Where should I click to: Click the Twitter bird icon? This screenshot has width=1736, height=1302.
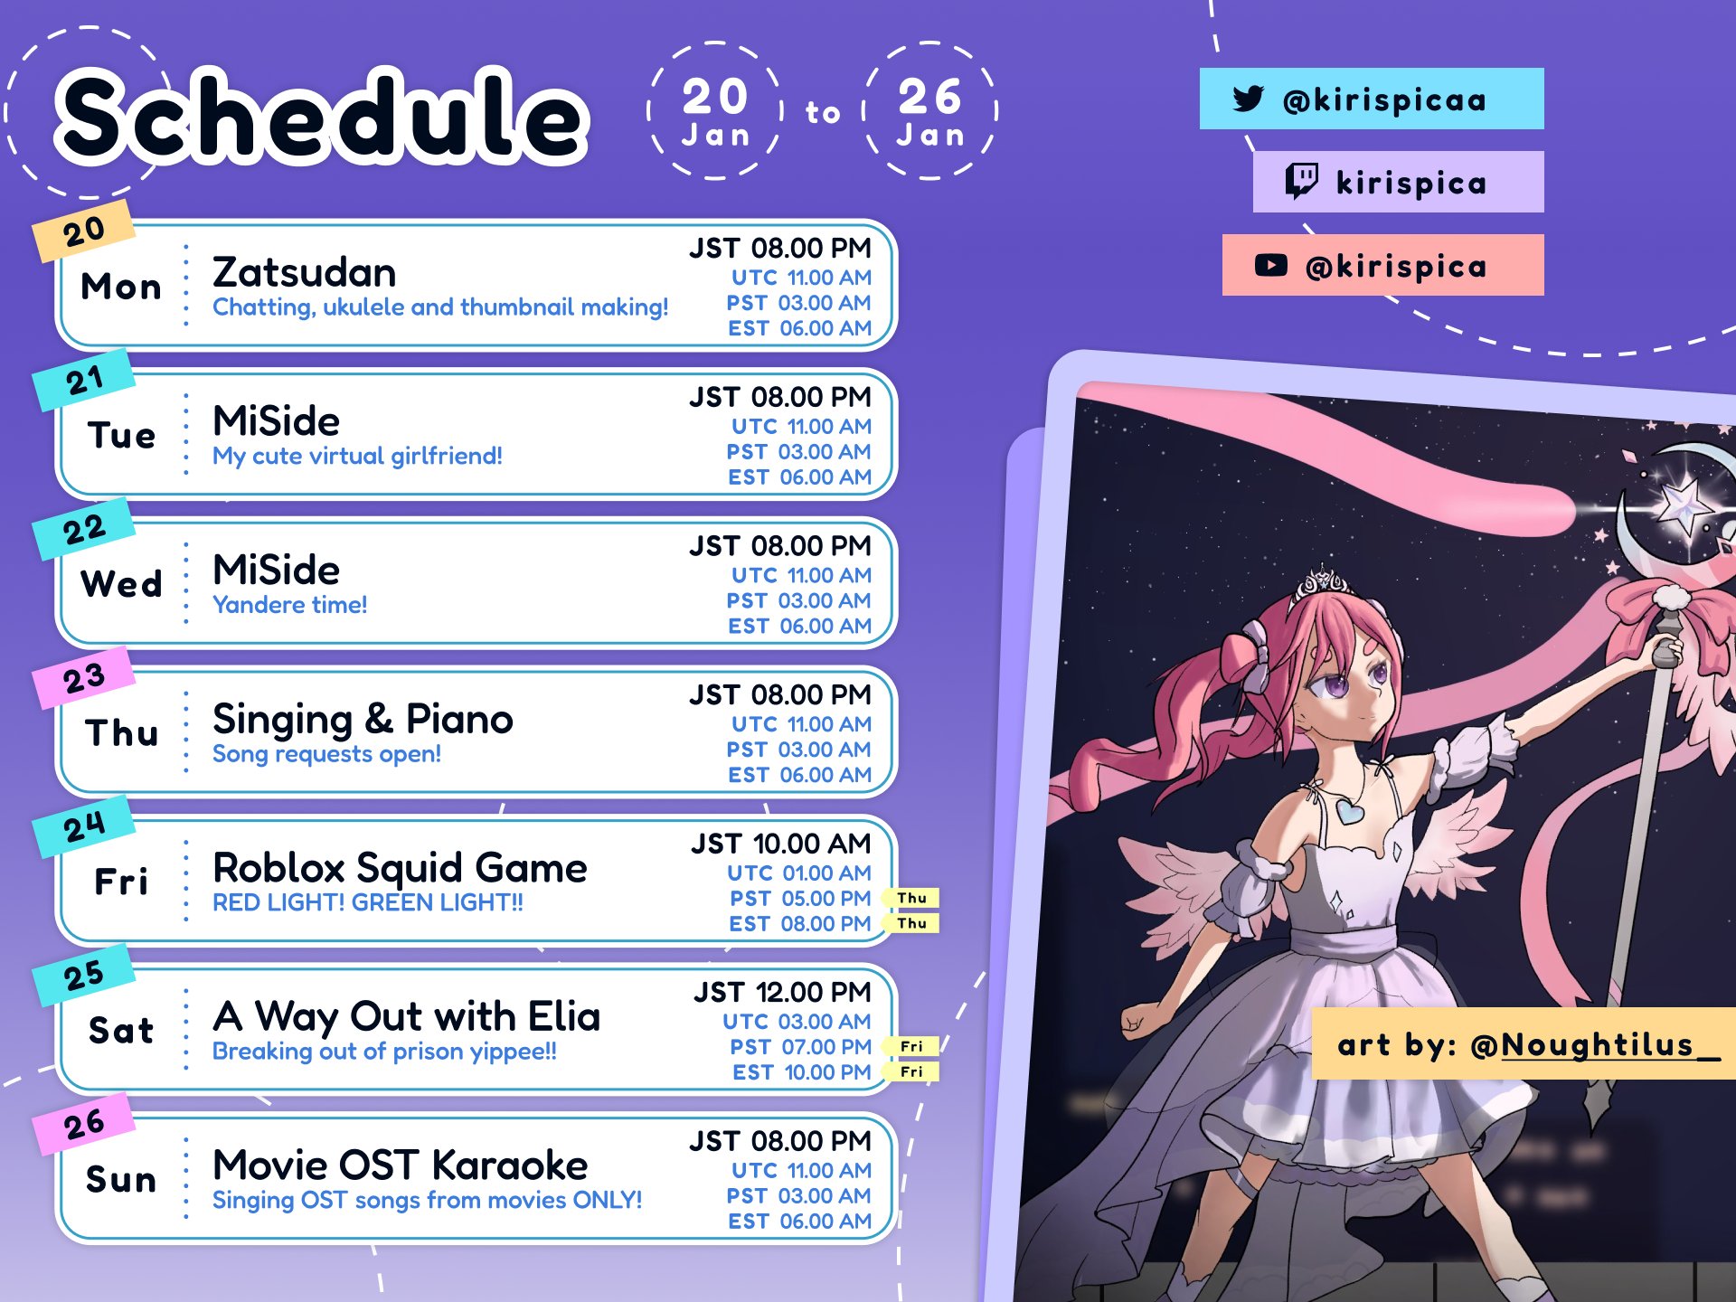1248,99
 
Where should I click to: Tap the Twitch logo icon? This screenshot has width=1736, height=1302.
1302,181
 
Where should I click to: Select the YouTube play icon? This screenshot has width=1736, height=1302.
1270,265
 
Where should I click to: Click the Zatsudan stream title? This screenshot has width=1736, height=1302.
304,272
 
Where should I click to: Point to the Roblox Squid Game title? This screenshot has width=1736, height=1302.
400,868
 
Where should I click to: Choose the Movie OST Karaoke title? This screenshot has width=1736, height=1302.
400,1165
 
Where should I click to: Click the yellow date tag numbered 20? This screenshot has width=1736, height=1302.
84,231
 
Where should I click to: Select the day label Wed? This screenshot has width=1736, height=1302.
122,584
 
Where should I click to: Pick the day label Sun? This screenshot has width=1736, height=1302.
122,1179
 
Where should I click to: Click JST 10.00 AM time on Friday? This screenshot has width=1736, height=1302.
781,844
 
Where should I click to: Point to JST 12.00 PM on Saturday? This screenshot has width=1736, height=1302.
783,992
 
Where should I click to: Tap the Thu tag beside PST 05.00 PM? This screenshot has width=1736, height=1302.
912,898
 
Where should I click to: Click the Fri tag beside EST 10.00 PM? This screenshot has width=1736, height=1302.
912,1071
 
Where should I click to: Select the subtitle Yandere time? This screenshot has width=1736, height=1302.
289,605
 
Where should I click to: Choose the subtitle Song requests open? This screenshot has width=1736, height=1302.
326,754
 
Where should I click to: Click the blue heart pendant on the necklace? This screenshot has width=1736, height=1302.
1350,810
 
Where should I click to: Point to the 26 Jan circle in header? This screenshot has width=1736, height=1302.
930,111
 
